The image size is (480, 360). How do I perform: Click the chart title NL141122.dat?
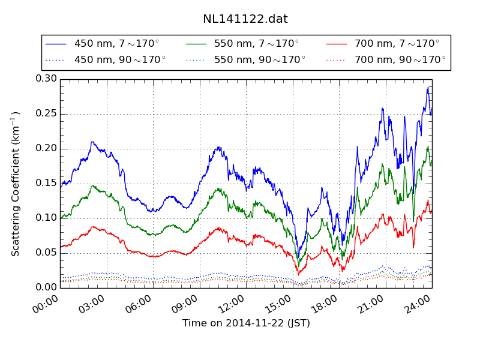click(x=245, y=19)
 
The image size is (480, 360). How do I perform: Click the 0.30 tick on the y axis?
click(x=46, y=79)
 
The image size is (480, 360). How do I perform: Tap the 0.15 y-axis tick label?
click(x=46, y=183)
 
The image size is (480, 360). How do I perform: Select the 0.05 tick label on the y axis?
click(x=46, y=253)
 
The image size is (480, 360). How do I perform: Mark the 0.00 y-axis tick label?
click(x=46, y=287)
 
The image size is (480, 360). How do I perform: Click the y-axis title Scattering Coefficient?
click(x=16, y=183)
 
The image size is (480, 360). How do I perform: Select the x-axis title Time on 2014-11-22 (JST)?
click(x=246, y=323)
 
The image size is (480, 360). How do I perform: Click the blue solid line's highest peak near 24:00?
click(x=428, y=88)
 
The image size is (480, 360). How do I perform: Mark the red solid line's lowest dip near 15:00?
click(x=299, y=275)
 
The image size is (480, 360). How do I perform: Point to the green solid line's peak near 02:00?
click(x=93, y=185)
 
